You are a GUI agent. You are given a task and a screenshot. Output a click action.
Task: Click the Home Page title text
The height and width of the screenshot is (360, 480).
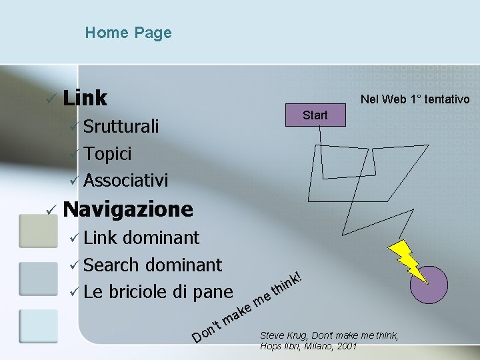click(128, 33)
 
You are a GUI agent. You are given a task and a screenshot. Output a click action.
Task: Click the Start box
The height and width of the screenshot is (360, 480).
click(315, 115)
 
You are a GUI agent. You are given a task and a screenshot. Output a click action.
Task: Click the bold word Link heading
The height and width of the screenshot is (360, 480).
click(85, 98)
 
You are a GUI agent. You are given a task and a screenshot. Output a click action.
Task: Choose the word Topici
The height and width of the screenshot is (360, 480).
click(107, 153)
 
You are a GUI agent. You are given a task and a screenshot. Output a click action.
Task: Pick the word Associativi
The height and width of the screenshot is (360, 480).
click(126, 180)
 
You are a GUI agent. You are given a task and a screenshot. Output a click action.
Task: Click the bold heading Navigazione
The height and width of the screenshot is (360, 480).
click(128, 209)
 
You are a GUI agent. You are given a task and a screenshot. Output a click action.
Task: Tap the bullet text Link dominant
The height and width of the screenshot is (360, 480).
click(141, 237)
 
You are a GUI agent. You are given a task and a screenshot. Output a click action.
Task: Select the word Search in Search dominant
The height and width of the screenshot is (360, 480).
click(112, 265)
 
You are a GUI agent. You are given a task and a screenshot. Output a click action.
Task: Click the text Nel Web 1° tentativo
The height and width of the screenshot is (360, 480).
click(415, 99)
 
